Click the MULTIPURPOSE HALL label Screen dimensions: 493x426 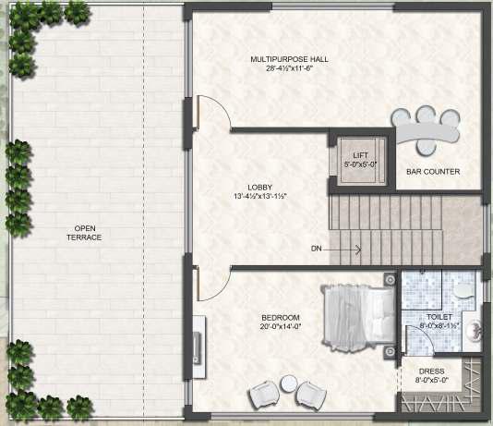289,59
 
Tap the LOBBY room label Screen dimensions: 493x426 259,188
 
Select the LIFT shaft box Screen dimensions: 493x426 361,161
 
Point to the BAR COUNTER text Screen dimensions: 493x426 433,172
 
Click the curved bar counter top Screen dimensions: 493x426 427,131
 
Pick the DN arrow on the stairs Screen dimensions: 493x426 343,250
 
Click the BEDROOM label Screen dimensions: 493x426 281,318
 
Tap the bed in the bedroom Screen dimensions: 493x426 359,317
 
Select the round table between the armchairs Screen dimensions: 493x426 289,383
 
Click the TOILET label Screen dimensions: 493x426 439,317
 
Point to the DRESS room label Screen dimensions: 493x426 432,371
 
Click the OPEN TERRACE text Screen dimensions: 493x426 84,233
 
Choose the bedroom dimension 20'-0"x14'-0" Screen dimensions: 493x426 281,326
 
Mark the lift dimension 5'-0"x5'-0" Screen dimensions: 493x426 361,164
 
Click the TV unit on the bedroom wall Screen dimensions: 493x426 199,347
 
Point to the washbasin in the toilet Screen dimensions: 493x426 474,330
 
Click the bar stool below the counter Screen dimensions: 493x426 427,147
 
